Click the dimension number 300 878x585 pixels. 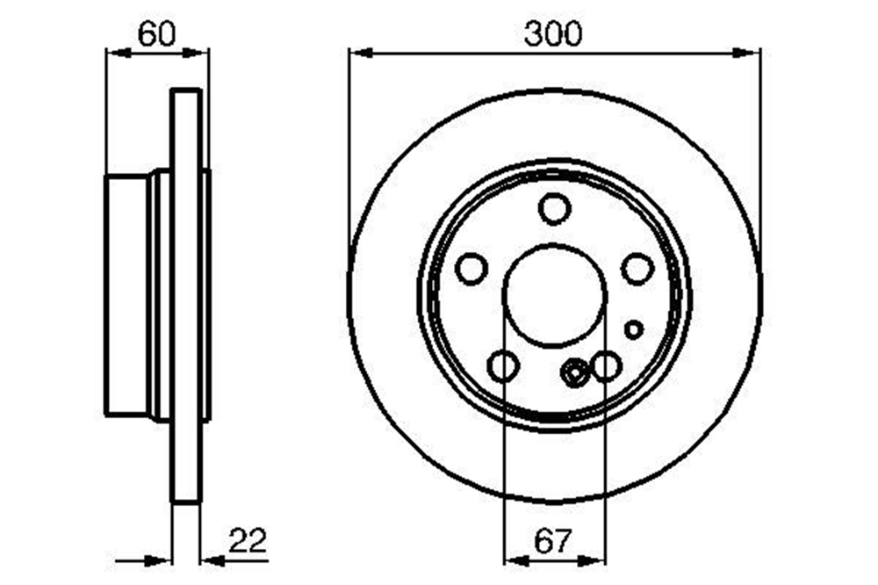(552, 33)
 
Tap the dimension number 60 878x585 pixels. (157, 34)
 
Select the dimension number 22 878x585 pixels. (248, 540)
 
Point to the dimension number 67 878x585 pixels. (553, 541)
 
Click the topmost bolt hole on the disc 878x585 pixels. (554, 208)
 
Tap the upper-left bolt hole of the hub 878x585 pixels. (471, 268)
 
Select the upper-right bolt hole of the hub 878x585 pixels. (637, 268)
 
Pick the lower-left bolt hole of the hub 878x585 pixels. (503, 366)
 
